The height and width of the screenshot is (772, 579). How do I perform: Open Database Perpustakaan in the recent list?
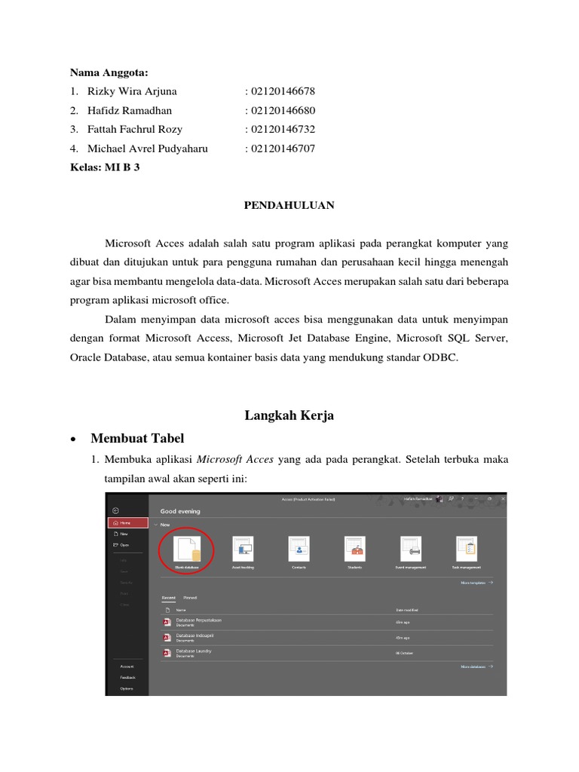click(198, 620)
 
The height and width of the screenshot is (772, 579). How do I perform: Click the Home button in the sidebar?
click(124, 522)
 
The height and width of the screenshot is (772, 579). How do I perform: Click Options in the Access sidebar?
click(127, 688)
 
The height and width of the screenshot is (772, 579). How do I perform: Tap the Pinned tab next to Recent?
click(190, 597)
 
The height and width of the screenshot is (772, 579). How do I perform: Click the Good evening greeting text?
click(180, 511)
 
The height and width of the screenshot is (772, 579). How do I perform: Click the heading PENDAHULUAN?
click(289, 205)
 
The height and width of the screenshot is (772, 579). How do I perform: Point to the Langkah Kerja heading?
click(289, 415)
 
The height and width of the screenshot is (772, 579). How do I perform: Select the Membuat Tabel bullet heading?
click(136, 439)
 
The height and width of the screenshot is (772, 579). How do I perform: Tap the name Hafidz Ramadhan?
click(130, 110)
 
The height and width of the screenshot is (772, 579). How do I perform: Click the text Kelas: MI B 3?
click(105, 167)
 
